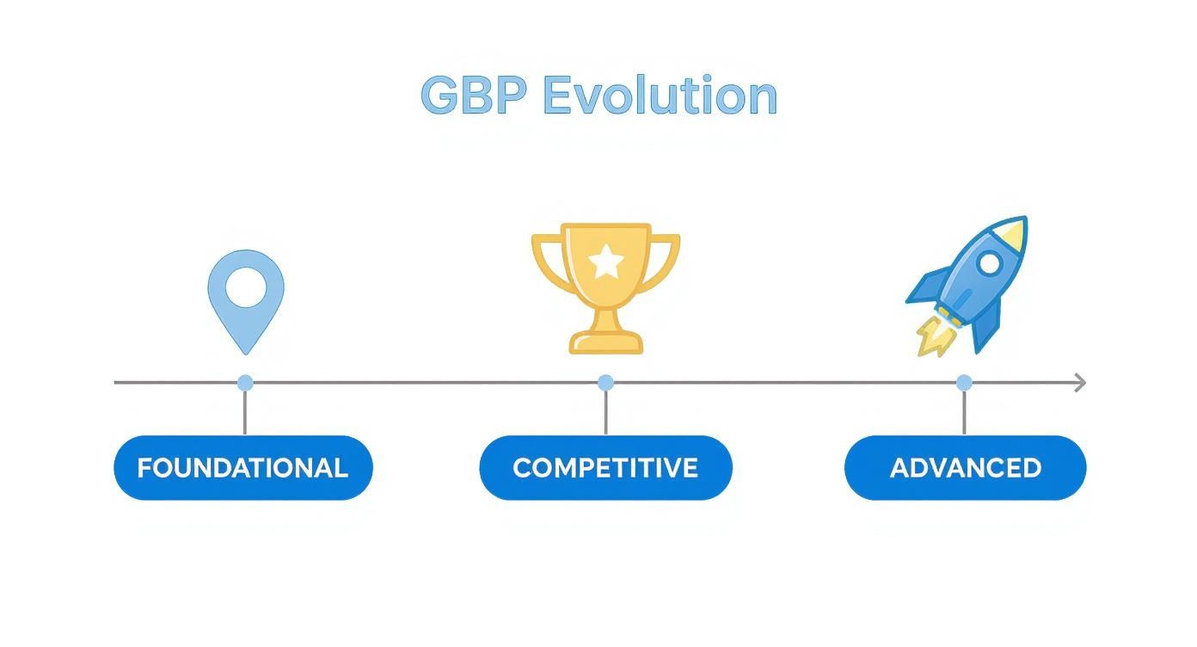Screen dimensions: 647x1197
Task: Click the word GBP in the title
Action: point(473,95)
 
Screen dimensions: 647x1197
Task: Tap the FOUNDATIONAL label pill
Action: point(243,468)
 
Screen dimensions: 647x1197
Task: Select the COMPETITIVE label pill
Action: point(605,468)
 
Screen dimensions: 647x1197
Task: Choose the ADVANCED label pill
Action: point(965,468)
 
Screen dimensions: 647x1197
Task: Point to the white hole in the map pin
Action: point(246,287)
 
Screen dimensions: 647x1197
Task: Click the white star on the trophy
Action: point(606,261)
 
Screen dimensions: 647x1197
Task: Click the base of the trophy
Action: point(606,342)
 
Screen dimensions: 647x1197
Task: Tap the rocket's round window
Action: point(990,262)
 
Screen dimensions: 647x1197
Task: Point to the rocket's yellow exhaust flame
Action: point(935,337)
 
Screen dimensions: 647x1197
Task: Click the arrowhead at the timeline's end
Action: point(1080,383)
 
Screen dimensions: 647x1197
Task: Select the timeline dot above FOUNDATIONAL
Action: point(245,383)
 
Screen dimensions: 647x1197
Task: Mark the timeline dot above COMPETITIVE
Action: point(605,383)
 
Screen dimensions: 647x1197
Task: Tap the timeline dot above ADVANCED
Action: point(964,383)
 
